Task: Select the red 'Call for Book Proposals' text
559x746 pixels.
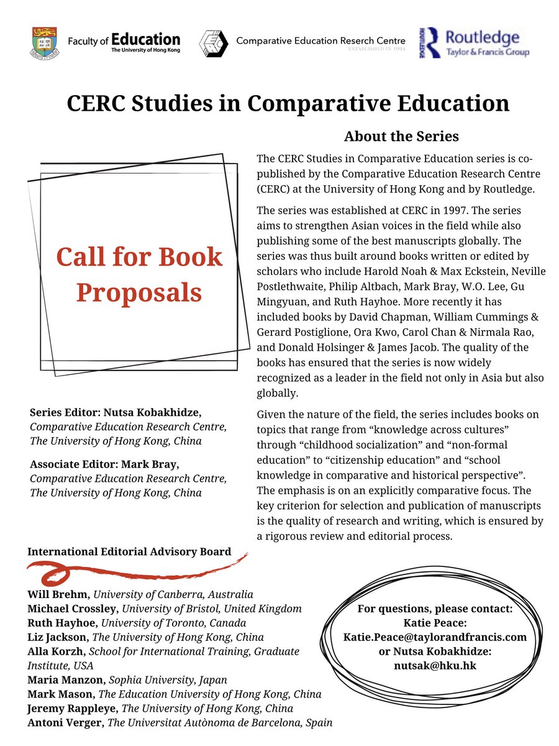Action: tap(139, 274)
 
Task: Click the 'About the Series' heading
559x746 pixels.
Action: tap(401, 136)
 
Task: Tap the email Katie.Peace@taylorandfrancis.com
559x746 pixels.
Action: tap(435, 637)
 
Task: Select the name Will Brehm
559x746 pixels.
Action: tap(53, 594)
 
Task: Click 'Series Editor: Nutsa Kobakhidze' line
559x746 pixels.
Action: tap(116, 413)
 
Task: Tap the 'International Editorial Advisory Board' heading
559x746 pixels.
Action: tap(129, 551)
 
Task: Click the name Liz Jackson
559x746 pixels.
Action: tap(55, 637)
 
